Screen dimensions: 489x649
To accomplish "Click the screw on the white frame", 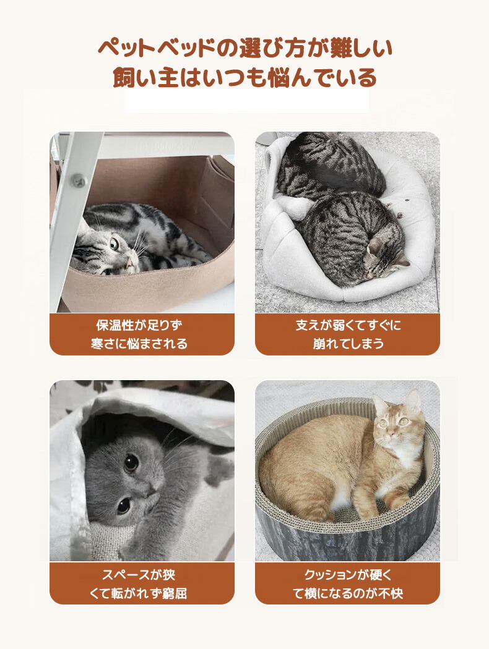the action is (77, 181).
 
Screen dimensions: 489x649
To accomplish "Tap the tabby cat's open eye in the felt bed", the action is (115, 244).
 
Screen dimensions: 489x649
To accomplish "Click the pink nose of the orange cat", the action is (391, 434).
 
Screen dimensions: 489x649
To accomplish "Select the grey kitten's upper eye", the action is (131, 462).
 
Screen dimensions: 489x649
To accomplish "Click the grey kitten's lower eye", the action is (123, 506).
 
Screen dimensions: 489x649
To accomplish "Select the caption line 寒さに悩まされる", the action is (139, 344).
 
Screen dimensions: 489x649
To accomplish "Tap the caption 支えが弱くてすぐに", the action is (348, 325).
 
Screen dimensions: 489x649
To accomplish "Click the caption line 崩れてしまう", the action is (348, 344).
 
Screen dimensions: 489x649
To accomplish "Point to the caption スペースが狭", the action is (139, 575).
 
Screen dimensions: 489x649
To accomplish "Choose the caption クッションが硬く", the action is (348, 575).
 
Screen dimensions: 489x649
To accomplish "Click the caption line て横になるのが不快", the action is (348, 593).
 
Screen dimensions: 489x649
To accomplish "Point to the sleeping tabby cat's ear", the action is (400, 260).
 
